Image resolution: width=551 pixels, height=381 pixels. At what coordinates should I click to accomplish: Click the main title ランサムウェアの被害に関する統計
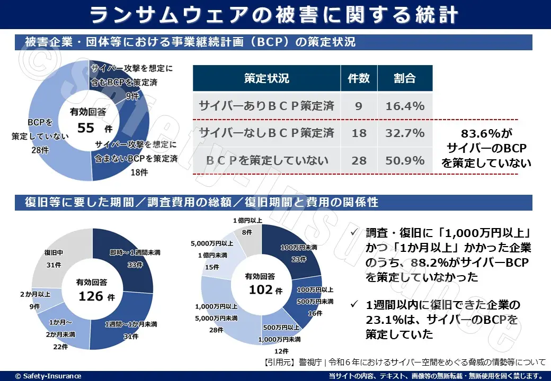(275, 15)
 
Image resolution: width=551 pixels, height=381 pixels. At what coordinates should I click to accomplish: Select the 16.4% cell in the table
(405, 106)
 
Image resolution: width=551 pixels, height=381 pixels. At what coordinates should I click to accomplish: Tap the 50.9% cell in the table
(405, 160)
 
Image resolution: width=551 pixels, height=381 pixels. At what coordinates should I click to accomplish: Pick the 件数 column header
(359, 78)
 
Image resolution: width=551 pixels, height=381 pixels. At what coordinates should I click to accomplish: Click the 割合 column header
(405, 78)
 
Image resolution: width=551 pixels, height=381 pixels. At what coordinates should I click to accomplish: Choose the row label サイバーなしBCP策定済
(266, 133)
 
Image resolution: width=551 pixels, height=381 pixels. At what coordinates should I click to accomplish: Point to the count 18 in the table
(359, 133)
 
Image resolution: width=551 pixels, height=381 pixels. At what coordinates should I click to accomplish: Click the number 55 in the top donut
(86, 128)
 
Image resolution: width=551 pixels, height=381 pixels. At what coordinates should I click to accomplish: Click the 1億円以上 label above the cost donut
(247, 220)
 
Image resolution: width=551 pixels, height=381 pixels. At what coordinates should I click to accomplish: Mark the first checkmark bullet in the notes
(355, 233)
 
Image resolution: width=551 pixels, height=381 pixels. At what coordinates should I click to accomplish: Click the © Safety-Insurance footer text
(48, 376)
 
